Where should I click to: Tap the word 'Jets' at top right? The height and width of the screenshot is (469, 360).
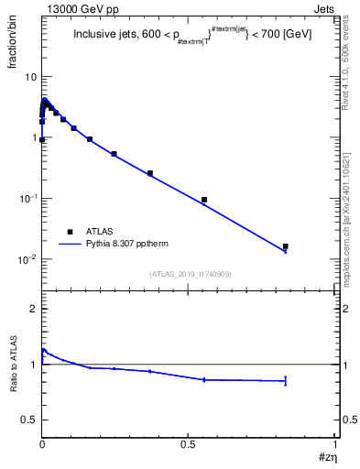[x=324, y=11]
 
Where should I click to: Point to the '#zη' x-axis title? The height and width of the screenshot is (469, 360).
[x=326, y=456]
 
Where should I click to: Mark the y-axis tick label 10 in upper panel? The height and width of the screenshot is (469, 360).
[x=30, y=77]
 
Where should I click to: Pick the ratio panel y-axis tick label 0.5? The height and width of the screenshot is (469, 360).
[x=29, y=420]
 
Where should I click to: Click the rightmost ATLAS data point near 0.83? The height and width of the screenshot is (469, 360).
[x=285, y=246]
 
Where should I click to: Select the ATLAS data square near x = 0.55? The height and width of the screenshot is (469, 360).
[x=204, y=200]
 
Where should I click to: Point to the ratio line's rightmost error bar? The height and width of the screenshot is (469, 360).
[x=285, y=380]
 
